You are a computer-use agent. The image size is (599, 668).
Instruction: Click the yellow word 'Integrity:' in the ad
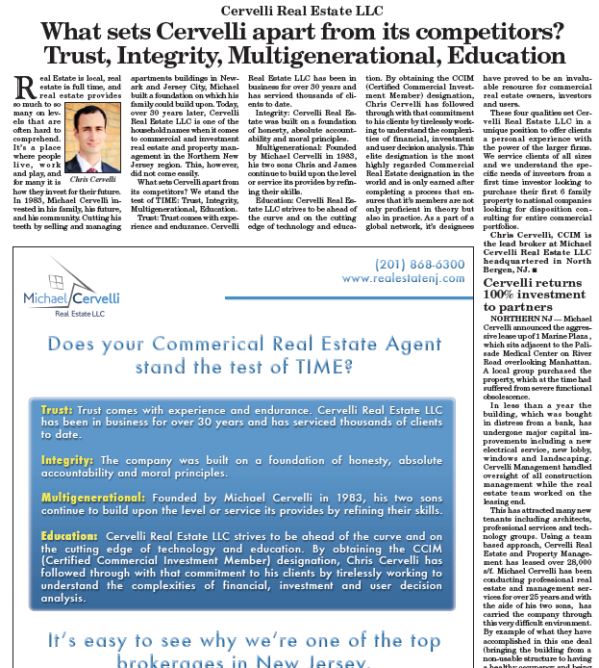coord(68,461)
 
